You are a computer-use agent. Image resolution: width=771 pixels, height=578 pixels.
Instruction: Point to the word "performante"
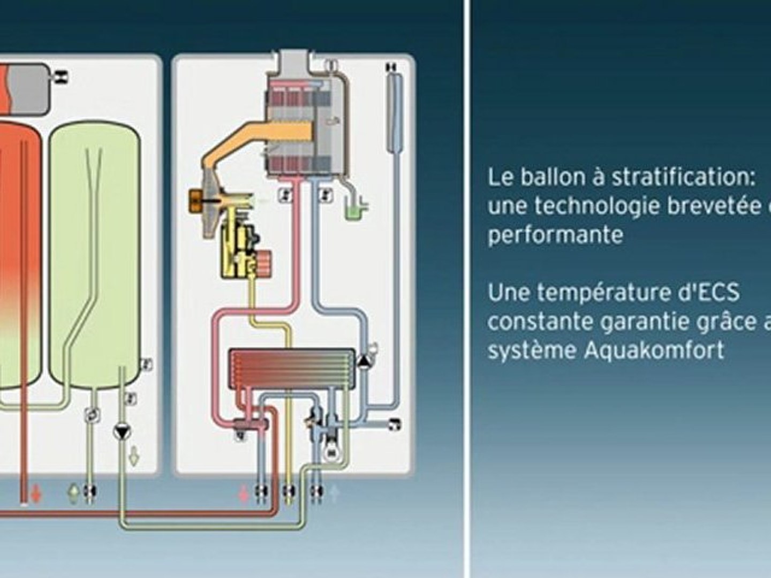pos(555,235)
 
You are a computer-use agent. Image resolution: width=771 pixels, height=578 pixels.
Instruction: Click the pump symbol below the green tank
pos(122,431)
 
